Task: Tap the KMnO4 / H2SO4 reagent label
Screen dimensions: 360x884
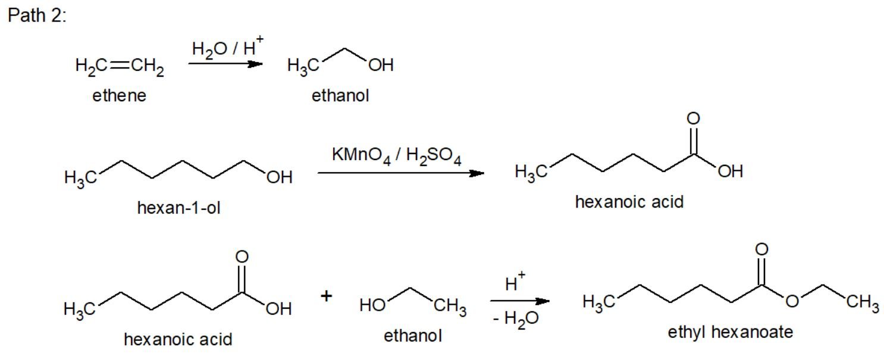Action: (397, 156)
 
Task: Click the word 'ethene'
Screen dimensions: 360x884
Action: (119, 96)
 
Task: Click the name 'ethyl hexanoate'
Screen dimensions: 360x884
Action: (730, 331)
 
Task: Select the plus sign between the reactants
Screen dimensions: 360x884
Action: (327, 296)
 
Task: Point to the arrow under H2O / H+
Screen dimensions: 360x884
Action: (225, 64)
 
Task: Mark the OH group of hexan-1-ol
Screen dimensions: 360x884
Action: (279, 177)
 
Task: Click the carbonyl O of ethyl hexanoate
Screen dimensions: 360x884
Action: (762, 248)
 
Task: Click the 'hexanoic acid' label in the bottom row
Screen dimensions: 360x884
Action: (178, 339)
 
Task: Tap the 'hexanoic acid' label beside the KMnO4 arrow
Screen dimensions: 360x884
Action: (629, 202)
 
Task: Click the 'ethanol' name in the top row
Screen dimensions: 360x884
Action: (340, 96)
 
